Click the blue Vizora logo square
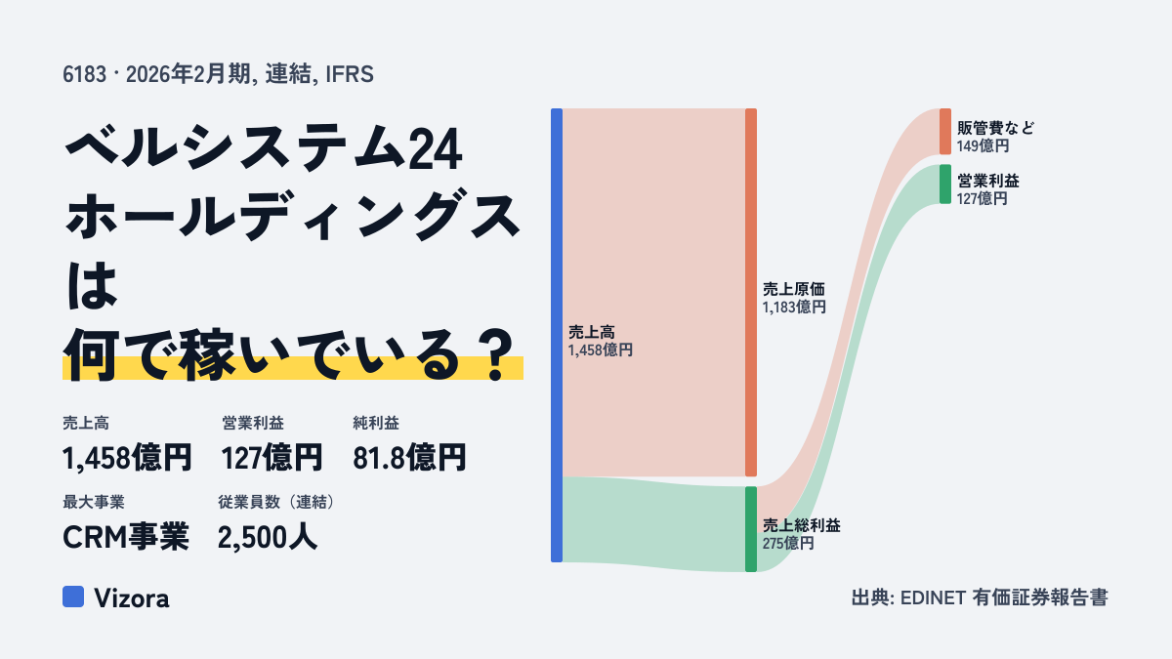click(73, 597)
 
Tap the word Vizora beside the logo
click(132, 598)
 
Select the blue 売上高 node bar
click(557, 335)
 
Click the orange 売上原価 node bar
click(751, 292)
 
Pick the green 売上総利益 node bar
click(751, 529)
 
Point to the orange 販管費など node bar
click(945, 131)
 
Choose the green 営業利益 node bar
click(945, 185)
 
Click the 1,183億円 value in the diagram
click(794, 307)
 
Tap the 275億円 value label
click(788, 544)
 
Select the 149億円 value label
click(984, 145)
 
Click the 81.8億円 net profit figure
click(409, 458)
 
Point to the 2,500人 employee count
click(268, 537)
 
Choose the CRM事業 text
click(126, 537)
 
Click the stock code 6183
click(85, 74)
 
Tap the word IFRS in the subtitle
click(350, 74)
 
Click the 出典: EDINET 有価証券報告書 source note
click(980, 597)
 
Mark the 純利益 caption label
click(376, 423)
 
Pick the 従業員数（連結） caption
click(277, 502)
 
